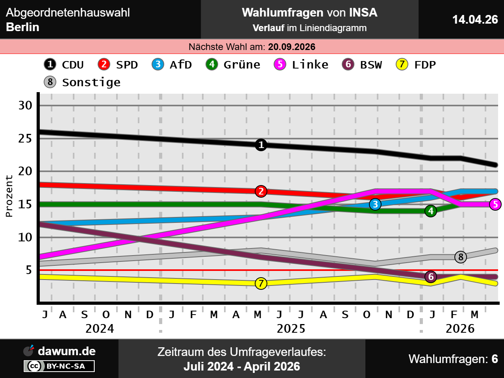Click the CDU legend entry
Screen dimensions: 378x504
coord(64,65)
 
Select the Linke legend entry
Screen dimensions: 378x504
coord(302,65)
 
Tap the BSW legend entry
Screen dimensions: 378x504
coord(362,65)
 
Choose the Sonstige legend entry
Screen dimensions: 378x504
coord(83,82)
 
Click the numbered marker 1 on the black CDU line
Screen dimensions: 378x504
coord(261,145)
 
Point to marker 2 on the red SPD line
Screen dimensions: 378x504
coord(261,191)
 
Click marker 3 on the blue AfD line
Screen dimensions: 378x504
coord(375,204)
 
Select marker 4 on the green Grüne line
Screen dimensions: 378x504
coord(431,211)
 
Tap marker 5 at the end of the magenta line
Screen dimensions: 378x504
coord(495,204)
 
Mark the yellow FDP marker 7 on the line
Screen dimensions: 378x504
coord(261,283)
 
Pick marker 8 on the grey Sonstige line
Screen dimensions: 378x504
coord(461,257)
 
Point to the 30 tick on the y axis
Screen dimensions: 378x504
coord(26,106)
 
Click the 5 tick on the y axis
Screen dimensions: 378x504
coord(29,270)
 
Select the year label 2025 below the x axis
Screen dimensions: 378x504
coord(291,328)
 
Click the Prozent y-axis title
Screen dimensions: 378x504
coord(9,196)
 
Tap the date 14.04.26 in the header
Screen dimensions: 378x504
coord(475,20)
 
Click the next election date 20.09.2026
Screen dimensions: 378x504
coord(292,47)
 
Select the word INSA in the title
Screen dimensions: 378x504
coord(363,13)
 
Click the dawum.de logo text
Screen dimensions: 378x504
coord(67,351)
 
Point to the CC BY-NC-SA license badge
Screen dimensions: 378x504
coord(59,366)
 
